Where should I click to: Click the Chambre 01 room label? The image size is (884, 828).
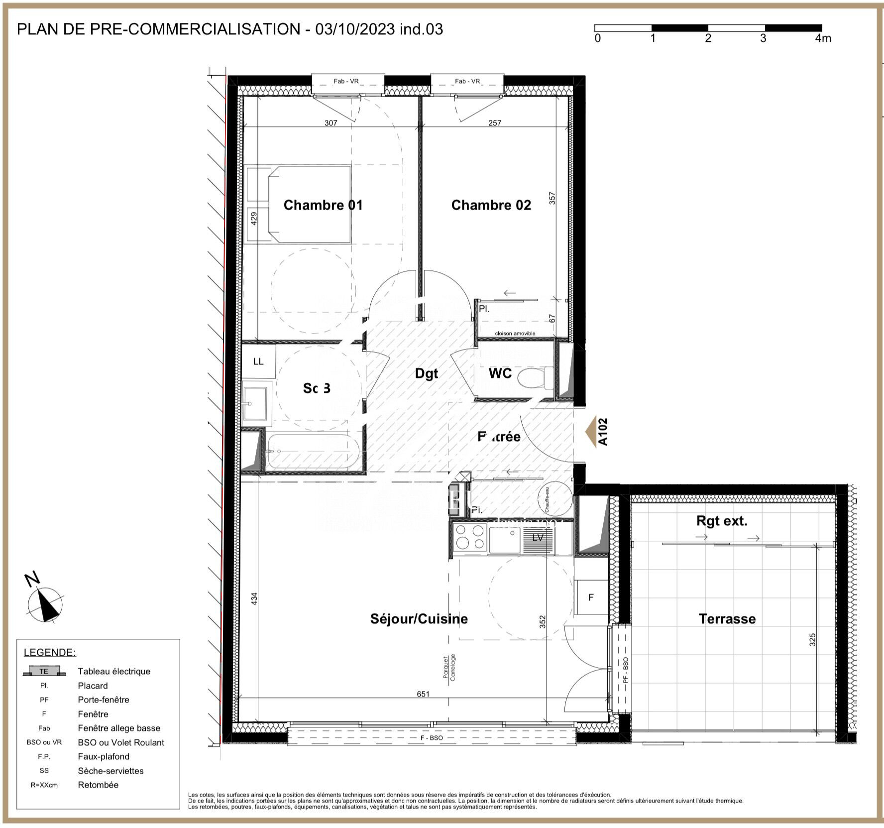coord(323,205)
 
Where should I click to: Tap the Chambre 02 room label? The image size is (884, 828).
coord(491,205)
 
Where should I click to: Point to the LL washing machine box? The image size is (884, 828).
coord(258,361)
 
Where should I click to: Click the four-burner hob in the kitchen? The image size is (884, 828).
coord(470,537)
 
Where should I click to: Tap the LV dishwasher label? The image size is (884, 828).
coord(538,538)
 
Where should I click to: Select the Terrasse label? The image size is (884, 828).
coord(727,619)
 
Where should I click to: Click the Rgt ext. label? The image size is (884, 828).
coord(722,521)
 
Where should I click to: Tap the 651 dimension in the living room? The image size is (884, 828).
coord(423,694)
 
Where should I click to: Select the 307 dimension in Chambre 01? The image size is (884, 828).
coord(331,123)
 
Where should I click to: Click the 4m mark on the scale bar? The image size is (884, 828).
coord(823,38)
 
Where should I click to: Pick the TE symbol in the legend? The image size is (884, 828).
coord(44,671)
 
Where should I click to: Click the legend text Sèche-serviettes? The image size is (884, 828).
coord(110,771)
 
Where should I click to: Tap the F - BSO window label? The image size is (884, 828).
coord(432,738)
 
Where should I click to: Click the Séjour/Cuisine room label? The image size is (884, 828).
coord(419,619)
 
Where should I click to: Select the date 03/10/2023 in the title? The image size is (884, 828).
coord(355,29)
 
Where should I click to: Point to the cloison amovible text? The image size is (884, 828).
coord(515,334)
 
